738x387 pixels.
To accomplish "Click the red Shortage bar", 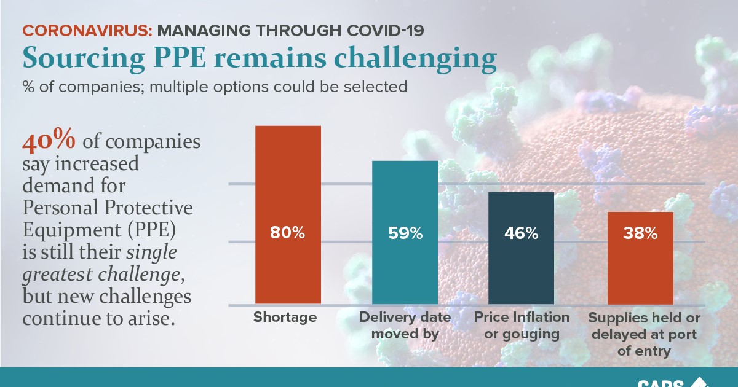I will (x=288, y=184).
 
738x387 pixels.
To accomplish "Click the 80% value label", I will (x=288, y=233).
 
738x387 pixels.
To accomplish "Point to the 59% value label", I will (x=405, y=233).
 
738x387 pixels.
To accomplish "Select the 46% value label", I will (x=521, y=233).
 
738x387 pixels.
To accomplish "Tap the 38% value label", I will (x=640, y=233).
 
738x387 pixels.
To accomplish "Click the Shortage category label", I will (x=285, y=318).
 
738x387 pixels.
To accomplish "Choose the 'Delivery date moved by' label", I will (x=405, y=326).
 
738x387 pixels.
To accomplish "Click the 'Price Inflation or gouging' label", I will (x=522, y=326).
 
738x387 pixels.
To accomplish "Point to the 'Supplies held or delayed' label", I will (x=644, y=335).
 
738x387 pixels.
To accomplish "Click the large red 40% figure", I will (x=49, y=141).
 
